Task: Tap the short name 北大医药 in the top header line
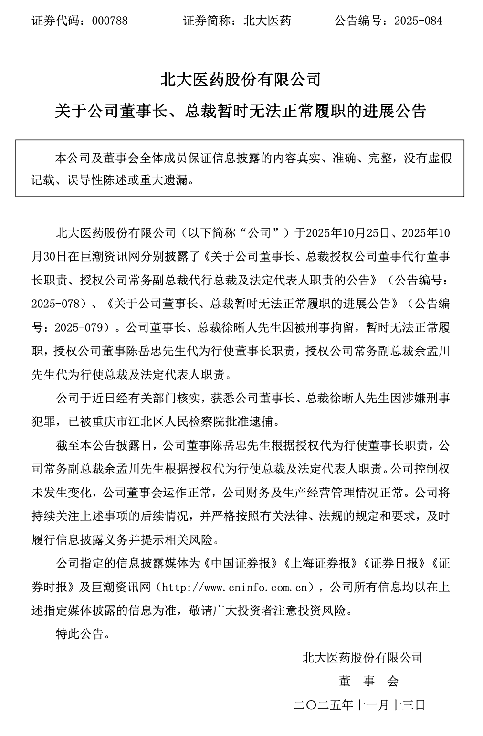267,21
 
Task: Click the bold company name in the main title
241,80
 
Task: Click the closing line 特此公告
79,634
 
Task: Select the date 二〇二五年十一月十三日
359,704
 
